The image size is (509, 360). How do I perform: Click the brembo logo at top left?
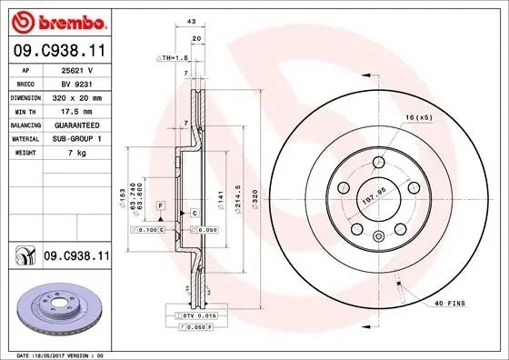coord(56,20)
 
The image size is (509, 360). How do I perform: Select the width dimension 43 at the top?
coord(191,22)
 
